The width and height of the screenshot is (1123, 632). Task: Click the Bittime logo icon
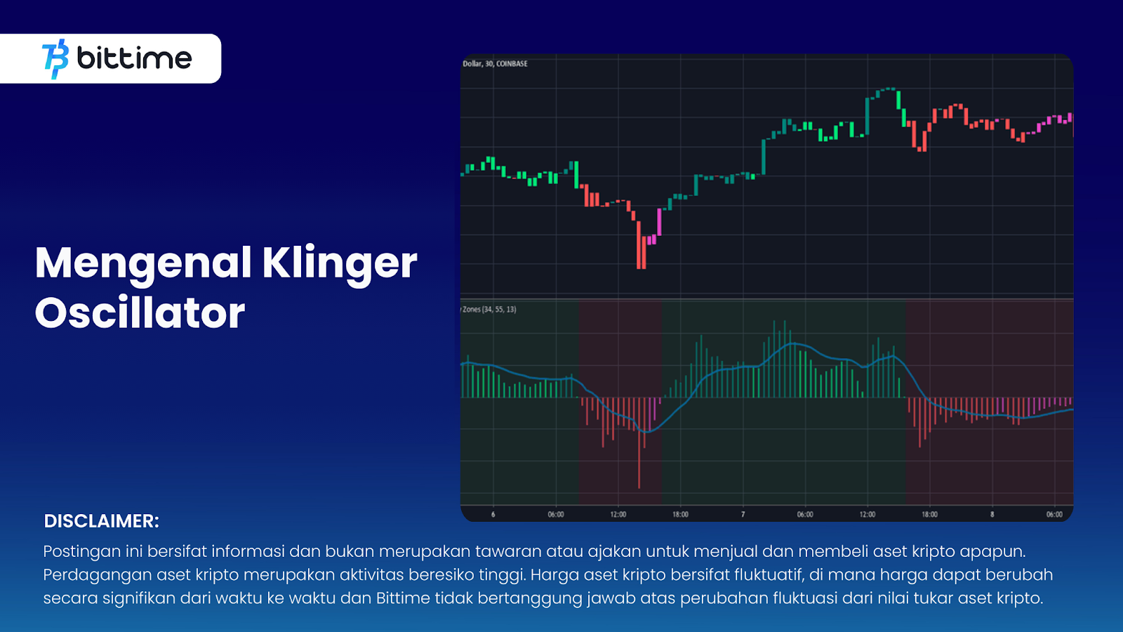(x=55, y=59)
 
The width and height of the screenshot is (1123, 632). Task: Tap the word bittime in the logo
(x=134, y=58)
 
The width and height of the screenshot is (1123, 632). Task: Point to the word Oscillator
(x=140, y=313)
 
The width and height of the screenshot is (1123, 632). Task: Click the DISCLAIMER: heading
(x=101, y=520)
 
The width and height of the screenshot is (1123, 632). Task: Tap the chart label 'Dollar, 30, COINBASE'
(x=495, y=64)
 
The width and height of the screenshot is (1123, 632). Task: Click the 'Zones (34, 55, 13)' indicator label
(x=489, y=310)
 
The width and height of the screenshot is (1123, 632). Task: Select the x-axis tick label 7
(x=743, y=515)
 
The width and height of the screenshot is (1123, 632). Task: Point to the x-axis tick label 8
(x=992, y=515)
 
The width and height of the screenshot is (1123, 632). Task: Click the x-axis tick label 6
(x=493, y=515)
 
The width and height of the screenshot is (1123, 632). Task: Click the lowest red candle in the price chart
(x=642, y=245)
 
